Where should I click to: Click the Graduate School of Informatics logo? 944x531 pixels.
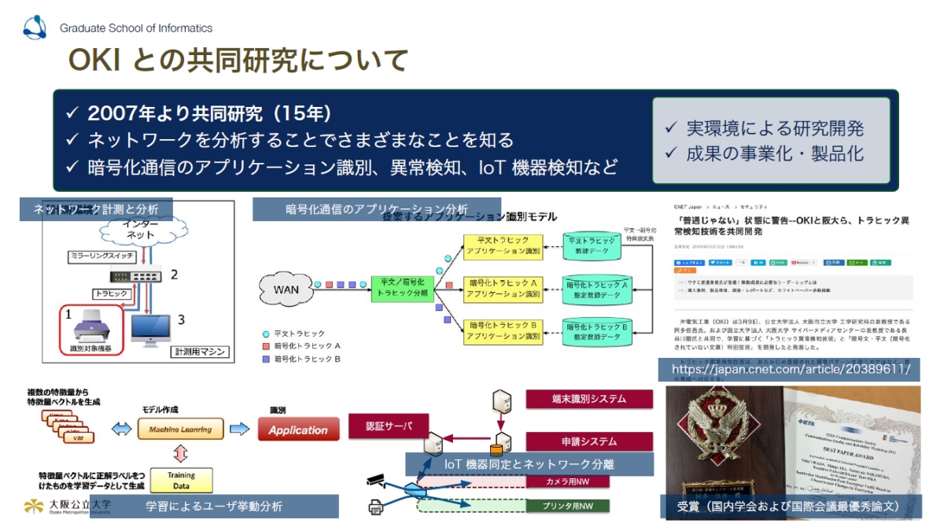[x=35, y=28]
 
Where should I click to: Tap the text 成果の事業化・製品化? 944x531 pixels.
[x=774, y=152]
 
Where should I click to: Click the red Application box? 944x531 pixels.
[x=298, y=430]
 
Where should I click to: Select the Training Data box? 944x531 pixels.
[x=181, y=480]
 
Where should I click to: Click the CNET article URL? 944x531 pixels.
[x=789, y=368]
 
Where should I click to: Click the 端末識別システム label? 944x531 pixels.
[x=588, y=399]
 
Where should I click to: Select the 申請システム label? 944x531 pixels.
[x=588, y=441]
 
